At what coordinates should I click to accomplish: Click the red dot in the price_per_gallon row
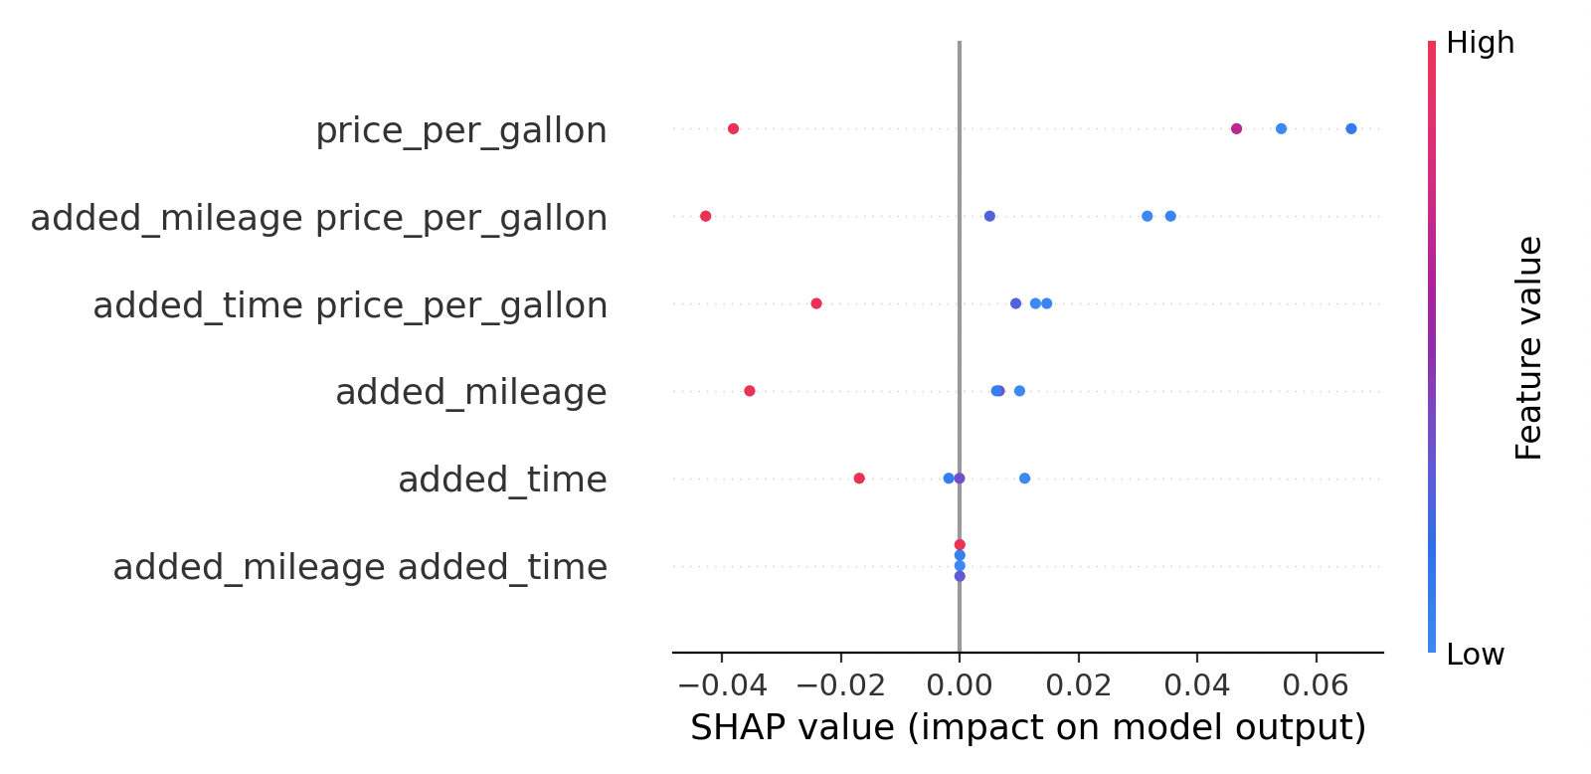[x=733, y=128]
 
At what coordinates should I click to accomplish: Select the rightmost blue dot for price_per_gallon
[x=1350, y=128]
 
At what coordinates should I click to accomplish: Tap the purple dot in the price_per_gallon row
[x=1236, y=128]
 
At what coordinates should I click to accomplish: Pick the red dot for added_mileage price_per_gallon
[x=705, y=216]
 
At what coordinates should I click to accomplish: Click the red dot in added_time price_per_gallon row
[x=816, y=303]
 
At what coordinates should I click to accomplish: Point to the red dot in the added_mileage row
[x=749, y=391]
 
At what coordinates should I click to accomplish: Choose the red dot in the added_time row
[x=859, y=479]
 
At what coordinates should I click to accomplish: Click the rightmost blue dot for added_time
[x=1024, y=479]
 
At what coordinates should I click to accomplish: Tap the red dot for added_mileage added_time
[x=960, y=544]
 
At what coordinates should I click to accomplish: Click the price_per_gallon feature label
[x=460, y=130]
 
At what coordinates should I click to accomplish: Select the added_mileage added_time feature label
[x=360, y=567]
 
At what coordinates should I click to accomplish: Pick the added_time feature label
[x=502, y=480]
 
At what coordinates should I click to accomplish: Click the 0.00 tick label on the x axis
[x=960, y=685]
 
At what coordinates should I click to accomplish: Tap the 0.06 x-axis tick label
[x=1317, y=685]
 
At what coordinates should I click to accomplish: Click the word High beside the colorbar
[x=1480, y=43]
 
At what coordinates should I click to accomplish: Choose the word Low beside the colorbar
[x=1475, y=655]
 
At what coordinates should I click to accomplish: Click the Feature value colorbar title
[x=1528, y=348]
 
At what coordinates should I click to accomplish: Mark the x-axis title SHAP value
[x=1027, y=727]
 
